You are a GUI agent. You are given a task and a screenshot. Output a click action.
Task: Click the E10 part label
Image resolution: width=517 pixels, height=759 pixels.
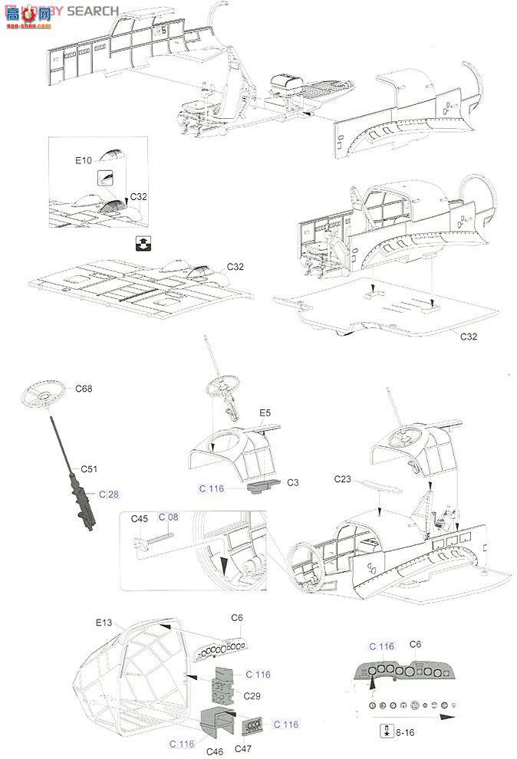click(83, 160)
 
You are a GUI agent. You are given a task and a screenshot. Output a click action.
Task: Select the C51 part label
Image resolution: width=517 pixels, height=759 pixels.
click(91, 468)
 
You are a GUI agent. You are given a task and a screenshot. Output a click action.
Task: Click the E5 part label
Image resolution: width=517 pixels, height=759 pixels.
click(265, 413)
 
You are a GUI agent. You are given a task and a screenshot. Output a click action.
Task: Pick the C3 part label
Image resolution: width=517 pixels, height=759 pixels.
click(293, 483)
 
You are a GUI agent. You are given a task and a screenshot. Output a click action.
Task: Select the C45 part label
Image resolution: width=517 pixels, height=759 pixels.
click(139, 519)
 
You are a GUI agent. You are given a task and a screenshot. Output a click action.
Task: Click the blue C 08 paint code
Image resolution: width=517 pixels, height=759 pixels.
click(168, 517)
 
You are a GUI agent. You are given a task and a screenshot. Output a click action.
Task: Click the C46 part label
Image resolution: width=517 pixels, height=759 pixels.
click(215, 751)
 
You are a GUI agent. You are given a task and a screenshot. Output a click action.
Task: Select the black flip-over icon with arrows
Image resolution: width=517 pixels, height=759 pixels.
click(141, 244)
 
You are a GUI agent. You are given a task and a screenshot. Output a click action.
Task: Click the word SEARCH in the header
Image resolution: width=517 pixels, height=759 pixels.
click(93, 11)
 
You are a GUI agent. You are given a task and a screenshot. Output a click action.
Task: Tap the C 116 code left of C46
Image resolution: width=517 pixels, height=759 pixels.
click(183, 744)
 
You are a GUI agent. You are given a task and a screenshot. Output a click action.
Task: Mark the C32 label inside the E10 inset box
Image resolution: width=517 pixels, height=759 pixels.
click(138, 196)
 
